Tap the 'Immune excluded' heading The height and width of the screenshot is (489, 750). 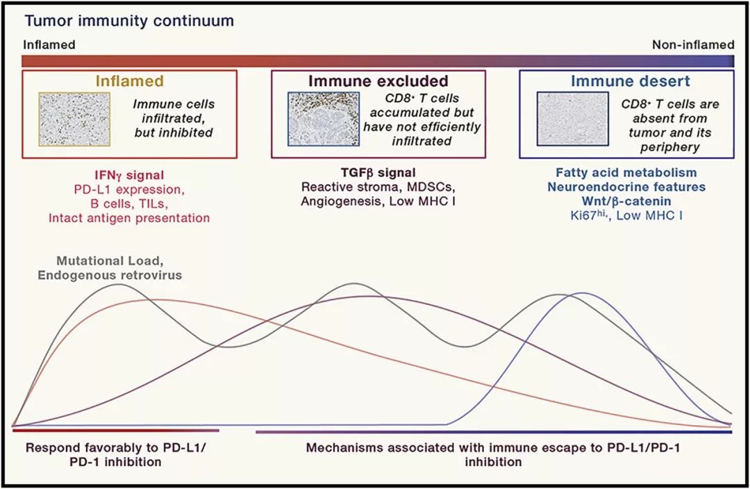click(378, 81)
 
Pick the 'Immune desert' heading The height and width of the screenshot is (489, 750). click(627, 81)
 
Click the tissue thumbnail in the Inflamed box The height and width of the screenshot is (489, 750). click(75, 119)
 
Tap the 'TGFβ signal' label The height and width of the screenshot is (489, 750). click(378, 172)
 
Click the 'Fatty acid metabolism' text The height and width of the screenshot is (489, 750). click(626, 172)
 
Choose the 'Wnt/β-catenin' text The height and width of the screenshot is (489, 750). click(626, 201)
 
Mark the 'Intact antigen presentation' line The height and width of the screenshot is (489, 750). click(129, 218)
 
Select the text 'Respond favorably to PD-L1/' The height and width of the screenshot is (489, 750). click(117, 447)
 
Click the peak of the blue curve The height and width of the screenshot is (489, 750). click(582, 293)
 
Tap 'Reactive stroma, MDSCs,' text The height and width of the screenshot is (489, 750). click(378, 187)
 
